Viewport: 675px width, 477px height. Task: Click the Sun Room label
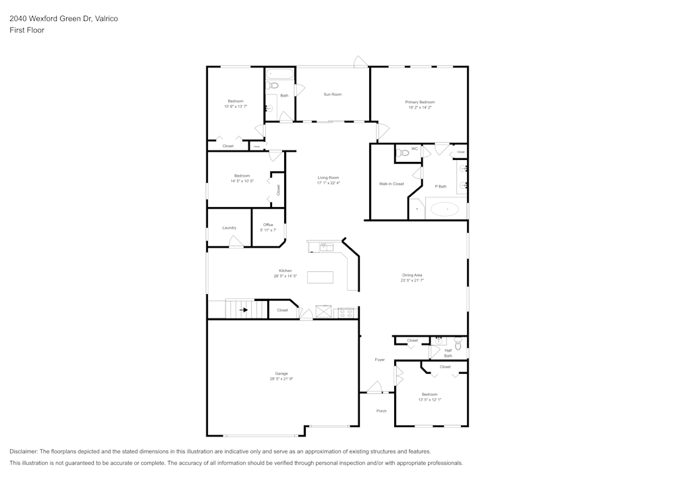point(332,94)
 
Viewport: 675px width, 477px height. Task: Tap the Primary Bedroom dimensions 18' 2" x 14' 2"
point(420,107)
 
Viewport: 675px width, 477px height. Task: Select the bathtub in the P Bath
point(444,209)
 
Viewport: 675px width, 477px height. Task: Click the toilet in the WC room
point(403,153)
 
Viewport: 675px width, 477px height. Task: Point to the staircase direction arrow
point(244,310)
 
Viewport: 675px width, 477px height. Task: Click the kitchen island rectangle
point(320,277)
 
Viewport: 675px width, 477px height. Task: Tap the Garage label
point(281,373)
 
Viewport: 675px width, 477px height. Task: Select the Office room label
point(268,225)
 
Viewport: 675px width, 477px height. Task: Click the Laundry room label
point(230,227)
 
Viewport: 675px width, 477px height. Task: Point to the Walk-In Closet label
point(391,184)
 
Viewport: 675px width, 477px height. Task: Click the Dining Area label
point(412,275)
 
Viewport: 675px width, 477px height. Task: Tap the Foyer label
point(380,360)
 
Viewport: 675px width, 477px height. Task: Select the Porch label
point(381,410)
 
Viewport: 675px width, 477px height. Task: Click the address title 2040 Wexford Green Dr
point(63,19)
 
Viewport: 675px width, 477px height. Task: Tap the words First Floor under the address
point(27,30)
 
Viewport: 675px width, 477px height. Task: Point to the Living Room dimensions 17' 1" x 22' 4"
point(329,183)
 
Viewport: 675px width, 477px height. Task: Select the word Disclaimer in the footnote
point(24,451)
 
